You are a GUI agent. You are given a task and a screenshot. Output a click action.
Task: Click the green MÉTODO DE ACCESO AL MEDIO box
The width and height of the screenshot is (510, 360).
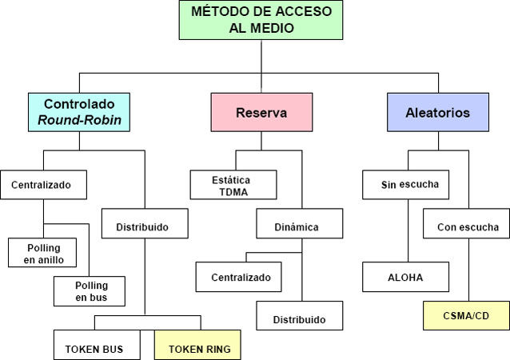(261, 20)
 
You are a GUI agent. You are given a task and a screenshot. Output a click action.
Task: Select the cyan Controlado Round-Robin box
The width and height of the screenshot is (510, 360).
(79, 113)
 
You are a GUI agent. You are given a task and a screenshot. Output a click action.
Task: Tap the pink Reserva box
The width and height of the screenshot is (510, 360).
(261, 113)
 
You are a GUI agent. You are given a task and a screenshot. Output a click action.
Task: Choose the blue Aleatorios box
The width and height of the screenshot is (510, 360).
(437, 113)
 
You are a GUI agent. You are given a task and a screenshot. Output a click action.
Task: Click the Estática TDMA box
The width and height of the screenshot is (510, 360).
(233, 184)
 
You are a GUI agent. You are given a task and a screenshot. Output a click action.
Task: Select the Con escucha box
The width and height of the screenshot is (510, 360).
(468, 226)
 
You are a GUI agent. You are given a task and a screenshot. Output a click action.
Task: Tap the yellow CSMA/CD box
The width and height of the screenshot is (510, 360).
(466, 315)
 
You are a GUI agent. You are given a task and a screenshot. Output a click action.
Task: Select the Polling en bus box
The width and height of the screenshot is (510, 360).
(90, 291)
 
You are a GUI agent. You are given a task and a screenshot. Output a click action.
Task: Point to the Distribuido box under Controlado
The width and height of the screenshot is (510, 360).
(145, 226)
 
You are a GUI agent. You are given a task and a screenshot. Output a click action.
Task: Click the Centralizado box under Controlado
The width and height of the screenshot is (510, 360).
(41, 185)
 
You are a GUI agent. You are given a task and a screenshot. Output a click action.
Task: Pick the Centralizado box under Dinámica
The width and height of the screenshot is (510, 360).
(241, 277)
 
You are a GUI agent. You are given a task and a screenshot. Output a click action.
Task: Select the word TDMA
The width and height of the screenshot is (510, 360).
(233, 191)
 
